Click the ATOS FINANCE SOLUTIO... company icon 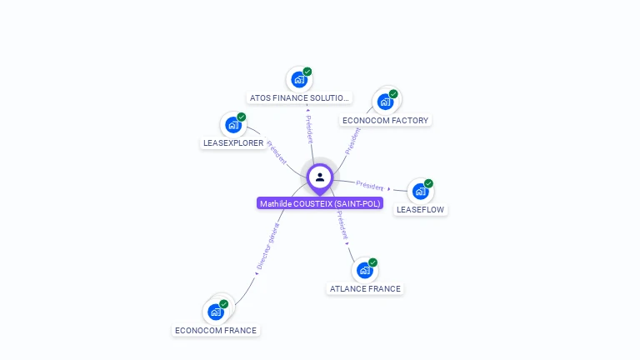pyautogui.click(x=298, y=80)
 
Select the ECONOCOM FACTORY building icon pyautogui.click(x=384, y=102)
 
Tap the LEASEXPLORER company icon pyautogui.click(x=232, y=125)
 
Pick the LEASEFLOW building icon pyautogui.click(x=420, y=191)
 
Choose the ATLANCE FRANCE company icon pyautogui.click(x=364, y=270)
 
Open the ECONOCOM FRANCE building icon pyautogui.click(x=216, y=312)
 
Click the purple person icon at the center pyautogui.click(x=319, y=177)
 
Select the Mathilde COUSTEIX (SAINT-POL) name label pyautogui.click(x=320, y=203)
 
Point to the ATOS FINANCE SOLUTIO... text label pyautogui.click(x=298, y=98)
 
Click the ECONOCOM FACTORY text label pyautogui.click(x=385, y=120)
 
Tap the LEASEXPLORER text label pyautogui.click(x=233, y=143)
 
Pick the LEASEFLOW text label pyautogui.click(x=420, y=209)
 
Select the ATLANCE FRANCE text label pyautogui.click(x=365, y=288)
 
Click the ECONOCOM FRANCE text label pyautogui.click(x=216, y=330)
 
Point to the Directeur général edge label pyautogui.click(x=267, y=247)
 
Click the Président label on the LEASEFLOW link pyautogui.click(x=369, y=185)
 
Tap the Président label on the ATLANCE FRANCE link pyautogui.click(x=341, y=225)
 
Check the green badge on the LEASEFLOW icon pyautogui.click(x=428, y=183)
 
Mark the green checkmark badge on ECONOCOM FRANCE pyautogui.click(x=224, y=304)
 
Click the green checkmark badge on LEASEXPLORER pyautogui.click(x=242, y=117)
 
